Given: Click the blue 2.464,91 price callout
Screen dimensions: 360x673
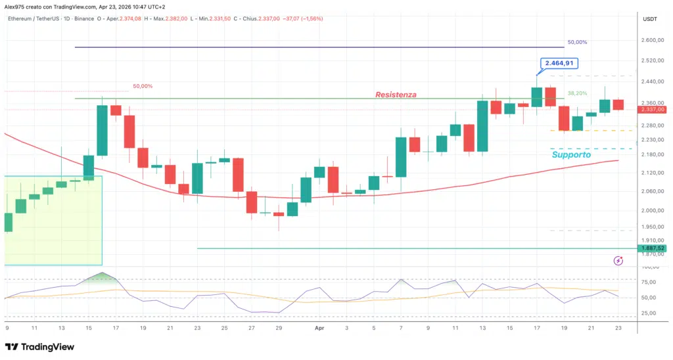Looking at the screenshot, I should [x=559, y=64].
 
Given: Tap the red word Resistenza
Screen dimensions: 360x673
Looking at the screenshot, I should [x=396, y=95].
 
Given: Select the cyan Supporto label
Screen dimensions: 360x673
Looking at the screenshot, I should [x=571, y=154].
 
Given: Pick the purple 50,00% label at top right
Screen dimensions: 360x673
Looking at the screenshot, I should [x=577, y=42].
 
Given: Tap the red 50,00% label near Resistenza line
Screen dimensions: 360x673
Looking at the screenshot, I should [x=143, y=86].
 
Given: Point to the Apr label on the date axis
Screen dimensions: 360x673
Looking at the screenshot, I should [x=320, y=326].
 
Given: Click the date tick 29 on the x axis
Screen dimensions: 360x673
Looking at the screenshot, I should [x=279, y=326].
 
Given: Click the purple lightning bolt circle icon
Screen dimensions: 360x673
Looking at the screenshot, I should [x=618, y=261].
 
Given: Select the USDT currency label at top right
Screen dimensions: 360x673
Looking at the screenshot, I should [x=650, y=19].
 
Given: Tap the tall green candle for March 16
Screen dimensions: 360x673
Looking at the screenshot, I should [x=103, y=130].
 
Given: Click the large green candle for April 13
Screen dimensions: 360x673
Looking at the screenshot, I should [x=482, y=125].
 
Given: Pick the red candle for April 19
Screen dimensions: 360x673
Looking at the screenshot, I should [x=564, y=118].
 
